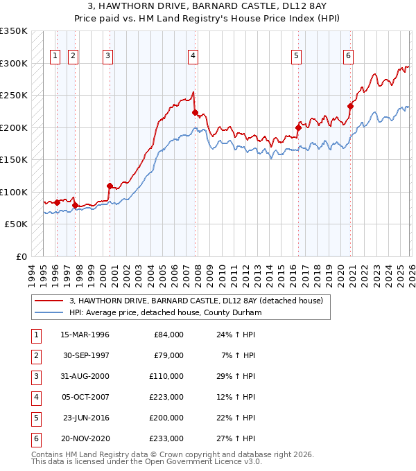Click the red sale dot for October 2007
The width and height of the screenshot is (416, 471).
tap(195, 112)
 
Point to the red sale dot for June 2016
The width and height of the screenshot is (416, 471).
tap(298, 127)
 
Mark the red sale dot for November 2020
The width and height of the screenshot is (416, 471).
tap(350, 106)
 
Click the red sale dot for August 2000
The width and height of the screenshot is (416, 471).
tap(110, 186)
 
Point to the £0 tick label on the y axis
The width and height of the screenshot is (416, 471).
tap(20, 257)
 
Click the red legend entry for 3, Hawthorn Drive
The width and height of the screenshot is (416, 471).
tap(196, 301)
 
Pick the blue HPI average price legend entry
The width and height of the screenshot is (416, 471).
tap(164, 312)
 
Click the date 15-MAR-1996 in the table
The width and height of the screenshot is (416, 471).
tap(85, 335)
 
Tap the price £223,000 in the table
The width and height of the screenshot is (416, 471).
tap(168, 397)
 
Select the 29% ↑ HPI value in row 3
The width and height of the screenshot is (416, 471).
tap(236, 376)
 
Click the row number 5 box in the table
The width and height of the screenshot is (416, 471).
tap(35, 418)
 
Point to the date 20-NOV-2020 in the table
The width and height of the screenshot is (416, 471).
tap(85, 438)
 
